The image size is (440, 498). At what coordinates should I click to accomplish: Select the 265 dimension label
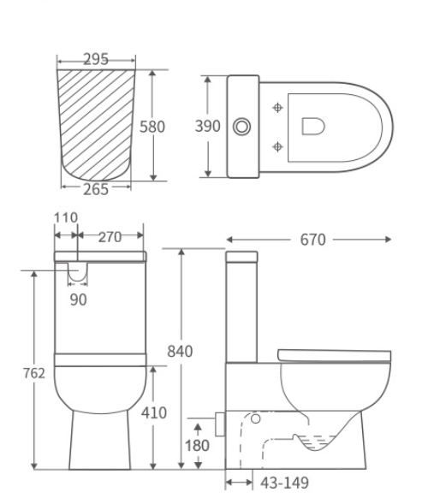pos(96,189)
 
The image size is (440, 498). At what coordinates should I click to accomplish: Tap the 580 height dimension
pos(152,127)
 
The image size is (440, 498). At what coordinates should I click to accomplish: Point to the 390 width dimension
pos(208,127)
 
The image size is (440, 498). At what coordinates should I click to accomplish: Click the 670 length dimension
pos(312,240)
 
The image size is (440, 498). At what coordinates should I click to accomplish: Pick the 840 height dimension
pos(180,351)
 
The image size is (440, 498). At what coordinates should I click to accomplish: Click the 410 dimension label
pos(154,412)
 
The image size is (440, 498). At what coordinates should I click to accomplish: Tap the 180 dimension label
pos(198,446)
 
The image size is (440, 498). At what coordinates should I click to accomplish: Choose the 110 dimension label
pos(66,218)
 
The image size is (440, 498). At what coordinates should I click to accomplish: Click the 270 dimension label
pos(110,237)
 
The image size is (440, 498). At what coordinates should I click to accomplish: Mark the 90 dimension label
pos(78,299)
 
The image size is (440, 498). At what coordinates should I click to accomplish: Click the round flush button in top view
pos(242,127)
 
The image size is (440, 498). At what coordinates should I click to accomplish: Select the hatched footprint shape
pos(96,124)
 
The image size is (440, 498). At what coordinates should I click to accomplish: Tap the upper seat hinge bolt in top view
pos(276,108)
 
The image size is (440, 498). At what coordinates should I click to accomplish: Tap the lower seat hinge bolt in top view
pos(276,146)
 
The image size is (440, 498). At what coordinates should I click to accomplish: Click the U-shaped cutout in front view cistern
pos(78,272)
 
